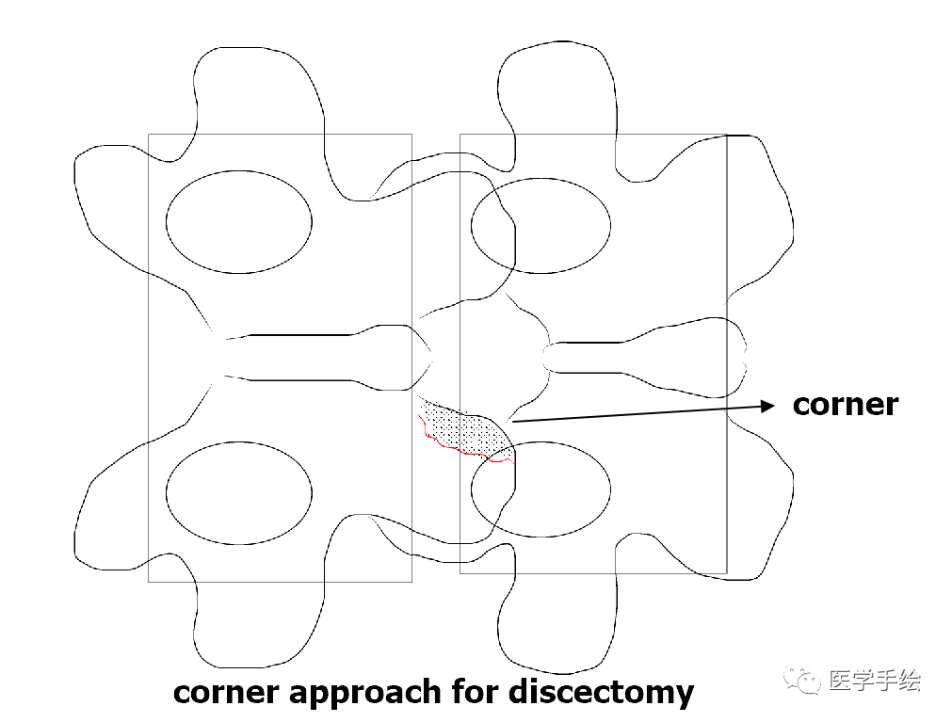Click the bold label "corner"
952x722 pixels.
click(845, 404)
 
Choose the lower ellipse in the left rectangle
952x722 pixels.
click(239, 492)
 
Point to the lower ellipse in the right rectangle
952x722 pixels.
click(541, 489)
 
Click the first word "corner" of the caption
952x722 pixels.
click(226, 694)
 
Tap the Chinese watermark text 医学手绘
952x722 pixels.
click(874, 680)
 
